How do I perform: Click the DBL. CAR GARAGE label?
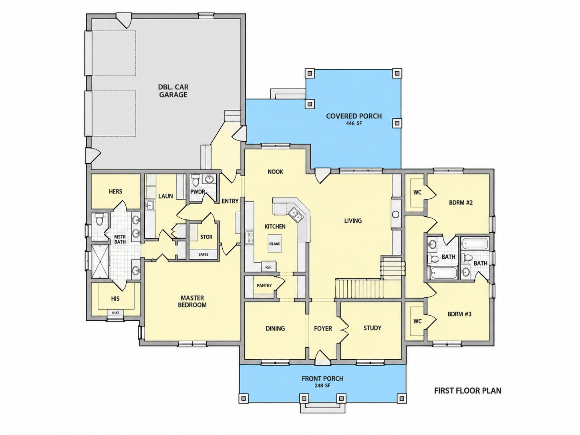173,91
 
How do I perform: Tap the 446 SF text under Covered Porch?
354,123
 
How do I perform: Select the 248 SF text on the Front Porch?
322,385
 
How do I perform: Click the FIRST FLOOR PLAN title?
468,391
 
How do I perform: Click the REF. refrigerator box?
269,267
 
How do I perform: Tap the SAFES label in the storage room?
203,254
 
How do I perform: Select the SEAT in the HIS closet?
115,313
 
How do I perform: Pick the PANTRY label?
264,286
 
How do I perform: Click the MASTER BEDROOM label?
192,302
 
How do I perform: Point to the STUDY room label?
372,328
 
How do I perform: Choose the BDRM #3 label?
459,314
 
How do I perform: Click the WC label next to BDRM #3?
417,321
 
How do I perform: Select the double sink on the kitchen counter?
296,215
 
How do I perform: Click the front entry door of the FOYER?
322,358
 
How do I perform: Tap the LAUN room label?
166,196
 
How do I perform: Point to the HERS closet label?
115,191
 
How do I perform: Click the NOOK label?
275,172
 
